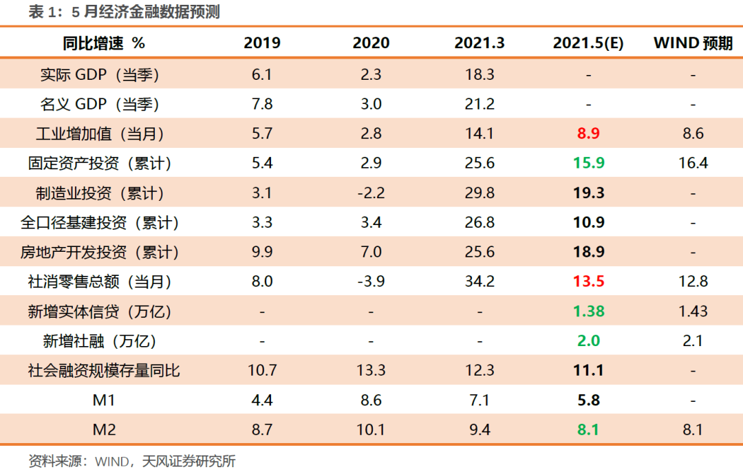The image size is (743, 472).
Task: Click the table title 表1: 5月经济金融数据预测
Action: pyautogui.click(x=124, y=12)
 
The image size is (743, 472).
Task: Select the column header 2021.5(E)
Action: pyautogui.click(x=588, y=43)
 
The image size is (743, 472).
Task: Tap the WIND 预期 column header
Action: pyautogui.click(x=693, y=43)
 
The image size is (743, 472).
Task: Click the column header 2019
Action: pyautogui.click(x=262, y=43)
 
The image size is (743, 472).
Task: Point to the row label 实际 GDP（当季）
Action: pyautogui.click(x=100, y=74)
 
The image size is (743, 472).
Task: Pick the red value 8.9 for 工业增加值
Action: pyautogui.click(x=588, y=133)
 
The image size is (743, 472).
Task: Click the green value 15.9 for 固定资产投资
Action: pyautogui.click(x=588, y=164)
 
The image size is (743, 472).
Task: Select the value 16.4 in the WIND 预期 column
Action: pyautogui.click(x=693, y=164)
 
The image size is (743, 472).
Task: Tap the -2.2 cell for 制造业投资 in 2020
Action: pyautogui.click(x=371, y=193)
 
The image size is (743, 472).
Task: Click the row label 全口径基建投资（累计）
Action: pyautogui.click(x=100, y=223)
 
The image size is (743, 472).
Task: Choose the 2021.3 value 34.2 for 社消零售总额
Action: pyautogui.click(x=480, y=281)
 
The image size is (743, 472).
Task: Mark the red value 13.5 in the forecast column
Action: pyautogui.click(x=588, y=281)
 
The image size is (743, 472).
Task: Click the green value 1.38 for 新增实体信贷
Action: pyautogui.click(x=588, y=311)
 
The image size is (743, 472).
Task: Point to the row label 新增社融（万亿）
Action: pyautogui.click(x=100, y=341)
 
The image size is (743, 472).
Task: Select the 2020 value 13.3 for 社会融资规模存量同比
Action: pyautogui.click(x=371, y=371)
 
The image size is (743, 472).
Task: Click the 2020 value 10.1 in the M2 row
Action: pyautogui.click(x=371, y=430)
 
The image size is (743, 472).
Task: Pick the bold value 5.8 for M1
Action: pyautogui.click(x=588, y=400)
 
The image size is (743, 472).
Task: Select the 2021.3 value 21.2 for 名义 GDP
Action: pyautogui.click(x=480, y=104)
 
